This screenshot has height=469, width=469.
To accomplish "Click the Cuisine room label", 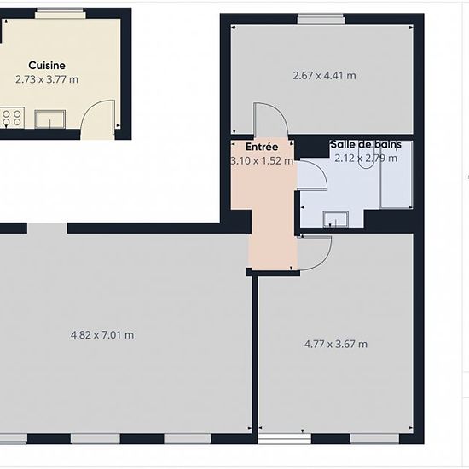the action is tap(47, 66).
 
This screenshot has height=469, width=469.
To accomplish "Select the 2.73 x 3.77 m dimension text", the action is tap(47, 79).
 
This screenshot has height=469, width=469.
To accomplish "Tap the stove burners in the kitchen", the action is tap(12, 118).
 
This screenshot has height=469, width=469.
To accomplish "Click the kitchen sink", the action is tap(50, 119).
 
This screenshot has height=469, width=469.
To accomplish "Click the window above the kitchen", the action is tap(61, 13).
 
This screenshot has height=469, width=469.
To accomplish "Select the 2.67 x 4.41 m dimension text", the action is tap(325, 76).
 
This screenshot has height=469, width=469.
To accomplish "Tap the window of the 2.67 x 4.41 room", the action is tap(321, 19).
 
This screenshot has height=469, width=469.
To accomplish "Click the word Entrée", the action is tap(262, 147).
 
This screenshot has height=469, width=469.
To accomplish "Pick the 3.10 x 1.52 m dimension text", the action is tap(262, 161).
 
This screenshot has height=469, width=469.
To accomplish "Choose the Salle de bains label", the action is tap(366, 144).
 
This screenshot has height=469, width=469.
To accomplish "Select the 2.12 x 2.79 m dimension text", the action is tap(366, 158).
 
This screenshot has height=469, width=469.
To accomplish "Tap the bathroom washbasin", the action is tap(336, 219).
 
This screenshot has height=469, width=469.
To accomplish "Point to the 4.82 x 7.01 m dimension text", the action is tap(102, 335).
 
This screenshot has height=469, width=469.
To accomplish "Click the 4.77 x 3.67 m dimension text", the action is tap(336, 344).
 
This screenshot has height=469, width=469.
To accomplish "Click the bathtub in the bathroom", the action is tap(396, 175).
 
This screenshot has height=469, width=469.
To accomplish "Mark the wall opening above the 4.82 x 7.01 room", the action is tap(47, 229).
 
